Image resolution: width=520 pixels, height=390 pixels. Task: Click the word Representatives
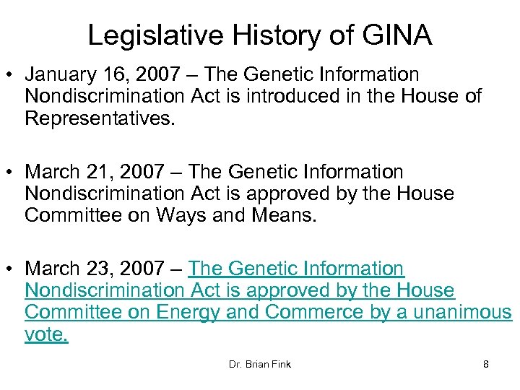coord(100,118)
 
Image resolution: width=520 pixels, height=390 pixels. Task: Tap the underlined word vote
coord(46,335)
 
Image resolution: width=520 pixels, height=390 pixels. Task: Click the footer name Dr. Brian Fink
coord(259,364)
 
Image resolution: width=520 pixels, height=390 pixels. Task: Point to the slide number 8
coord(486,364)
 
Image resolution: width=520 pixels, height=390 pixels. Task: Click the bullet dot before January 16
coord(12,75)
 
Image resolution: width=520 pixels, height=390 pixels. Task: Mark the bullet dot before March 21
coord(12,173)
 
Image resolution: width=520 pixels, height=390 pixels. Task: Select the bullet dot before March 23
coord(12,269)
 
